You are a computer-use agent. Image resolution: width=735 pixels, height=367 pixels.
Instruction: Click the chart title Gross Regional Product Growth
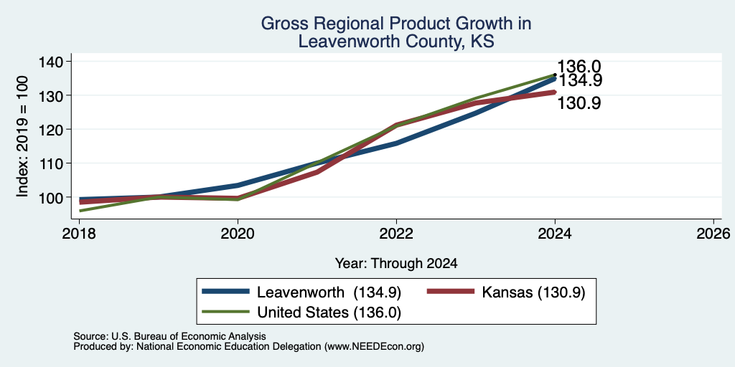pos(396,23)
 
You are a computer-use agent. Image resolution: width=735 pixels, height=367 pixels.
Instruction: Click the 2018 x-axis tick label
pos(79,234)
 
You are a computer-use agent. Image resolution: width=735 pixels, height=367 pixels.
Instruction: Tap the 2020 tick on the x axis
pos(238,234)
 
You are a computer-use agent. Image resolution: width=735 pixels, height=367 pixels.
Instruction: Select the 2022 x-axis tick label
pos(396,234)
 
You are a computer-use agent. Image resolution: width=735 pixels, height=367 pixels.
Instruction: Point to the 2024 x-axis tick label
pos(555,234)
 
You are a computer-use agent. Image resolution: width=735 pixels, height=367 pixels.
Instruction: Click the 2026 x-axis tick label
pos(713,234)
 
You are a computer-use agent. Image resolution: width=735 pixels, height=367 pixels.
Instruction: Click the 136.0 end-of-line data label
pos(579,67)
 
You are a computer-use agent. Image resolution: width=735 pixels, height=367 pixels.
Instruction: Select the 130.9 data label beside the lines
pos(579,103)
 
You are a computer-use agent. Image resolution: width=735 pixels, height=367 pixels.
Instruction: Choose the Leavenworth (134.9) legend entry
pos(302,292)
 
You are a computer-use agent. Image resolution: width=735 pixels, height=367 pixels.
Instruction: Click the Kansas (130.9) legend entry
pos(506,292)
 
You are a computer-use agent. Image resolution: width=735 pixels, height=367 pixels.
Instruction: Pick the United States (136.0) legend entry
pos(302,313)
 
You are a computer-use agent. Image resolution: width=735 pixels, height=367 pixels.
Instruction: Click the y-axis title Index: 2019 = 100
pos(22,135)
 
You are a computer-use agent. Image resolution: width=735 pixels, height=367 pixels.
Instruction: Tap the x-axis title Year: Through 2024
pos(396,264)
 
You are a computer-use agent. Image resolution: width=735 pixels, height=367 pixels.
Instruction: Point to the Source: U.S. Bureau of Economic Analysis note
pos(169,336)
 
